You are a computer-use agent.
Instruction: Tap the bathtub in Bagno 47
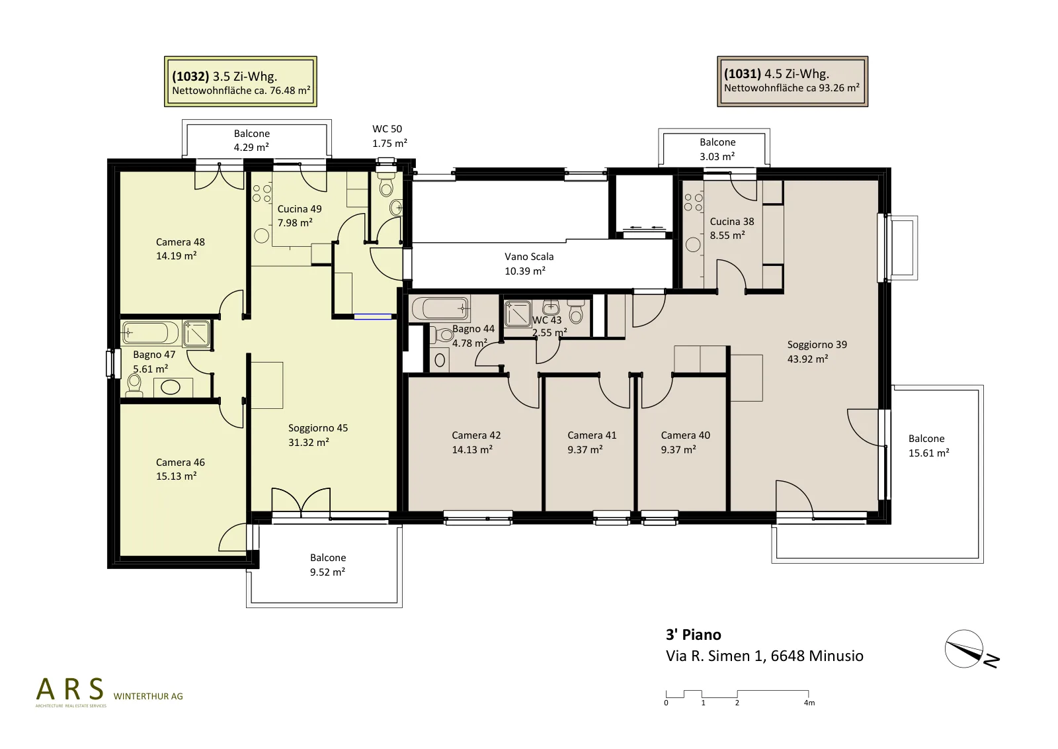tap(149, 333)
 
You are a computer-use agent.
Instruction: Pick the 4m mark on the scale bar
tap(809, 703)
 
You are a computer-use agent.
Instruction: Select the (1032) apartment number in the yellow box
tap(190, 76)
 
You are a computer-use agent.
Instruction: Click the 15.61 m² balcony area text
tap(928, 453)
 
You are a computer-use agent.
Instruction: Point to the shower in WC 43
tap(518, 314)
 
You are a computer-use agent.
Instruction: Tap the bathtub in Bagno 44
tap(441, 309)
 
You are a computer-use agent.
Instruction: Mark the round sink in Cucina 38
tap(693, 244)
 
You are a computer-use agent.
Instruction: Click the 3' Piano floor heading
tap(694, 635)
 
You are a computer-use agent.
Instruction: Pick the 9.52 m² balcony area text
tap(327, 572)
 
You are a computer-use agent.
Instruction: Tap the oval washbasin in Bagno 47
tap(171, 387)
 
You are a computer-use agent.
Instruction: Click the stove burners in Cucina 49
tap(262, 193)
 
